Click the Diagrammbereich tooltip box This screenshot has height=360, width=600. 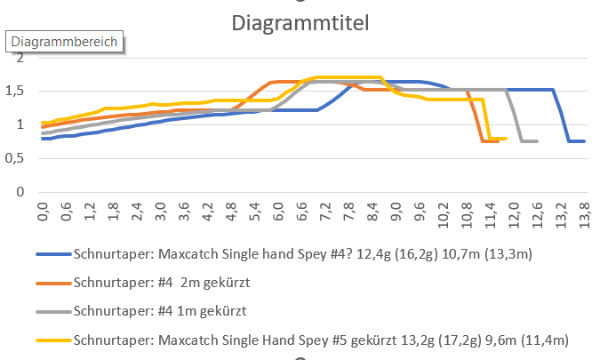(x=63, y=42)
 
